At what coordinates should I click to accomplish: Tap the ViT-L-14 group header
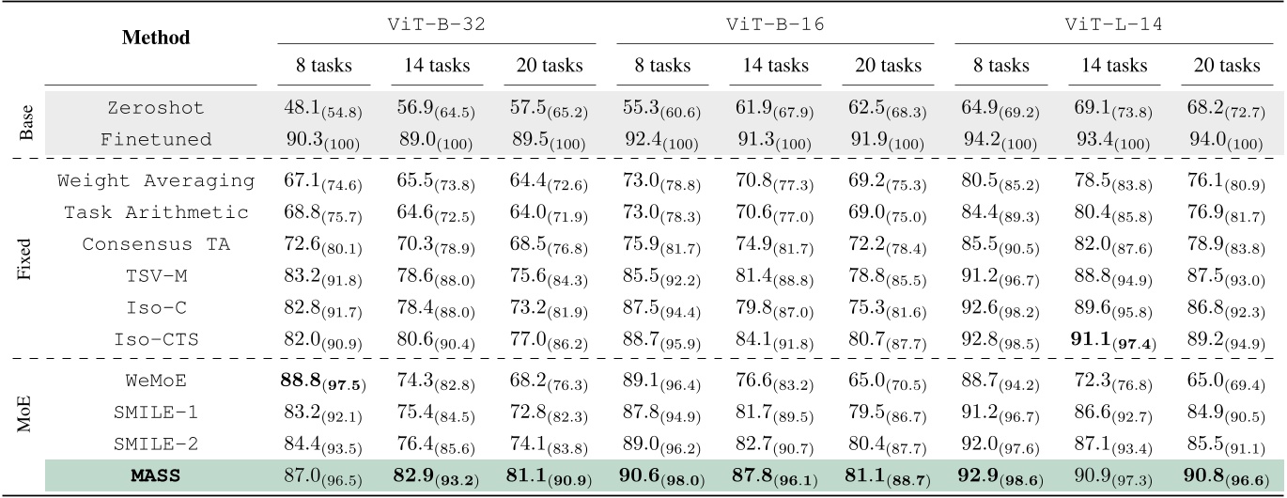pos(1115,25)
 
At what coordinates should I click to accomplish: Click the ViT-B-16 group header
pos(775,25)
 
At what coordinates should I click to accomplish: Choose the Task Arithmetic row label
pos(156,213)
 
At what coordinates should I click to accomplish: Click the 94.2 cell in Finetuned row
pos(1001,140)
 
